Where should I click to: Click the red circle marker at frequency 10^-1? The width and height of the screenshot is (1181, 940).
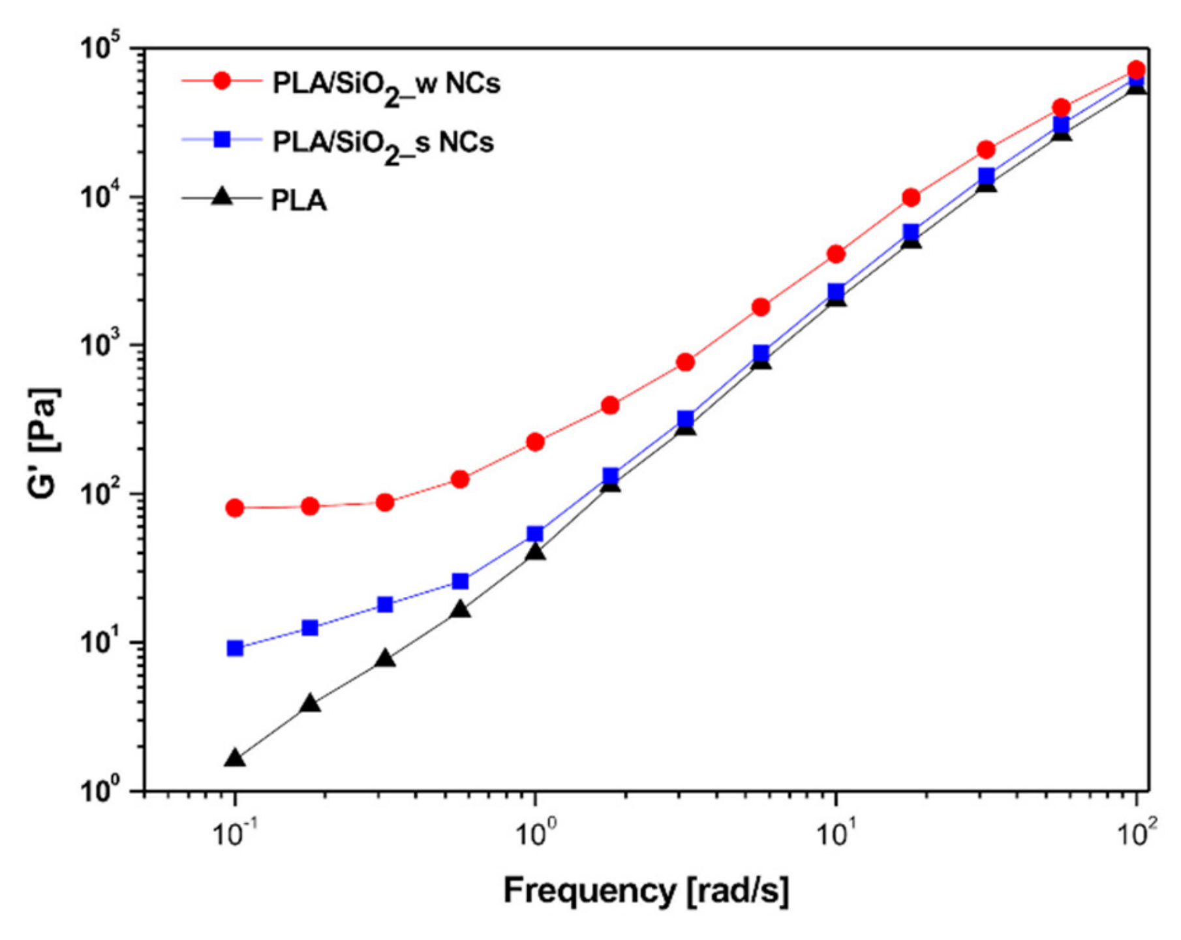235,508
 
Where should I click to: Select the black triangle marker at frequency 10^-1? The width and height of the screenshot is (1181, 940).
235,759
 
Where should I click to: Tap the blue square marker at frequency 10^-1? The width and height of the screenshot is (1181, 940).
235,648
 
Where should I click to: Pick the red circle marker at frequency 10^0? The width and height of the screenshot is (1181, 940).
535,442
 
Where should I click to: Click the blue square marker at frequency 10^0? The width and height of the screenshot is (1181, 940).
535,534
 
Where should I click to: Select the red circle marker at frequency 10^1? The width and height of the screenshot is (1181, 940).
836,254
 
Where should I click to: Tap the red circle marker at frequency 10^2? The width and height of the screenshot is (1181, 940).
1136,69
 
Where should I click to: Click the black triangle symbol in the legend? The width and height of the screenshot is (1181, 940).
222,196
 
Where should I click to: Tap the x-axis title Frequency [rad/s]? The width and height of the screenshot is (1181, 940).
646,890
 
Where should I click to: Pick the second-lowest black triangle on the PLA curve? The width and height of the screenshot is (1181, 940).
311,704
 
